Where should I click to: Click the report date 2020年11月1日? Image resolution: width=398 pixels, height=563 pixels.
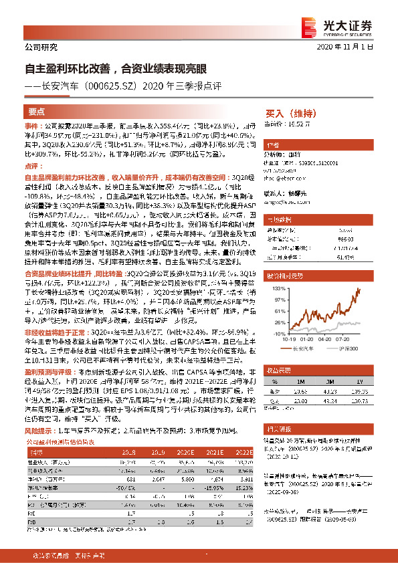click(353, 49)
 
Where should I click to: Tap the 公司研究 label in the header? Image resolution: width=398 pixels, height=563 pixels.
click(41, 47)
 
